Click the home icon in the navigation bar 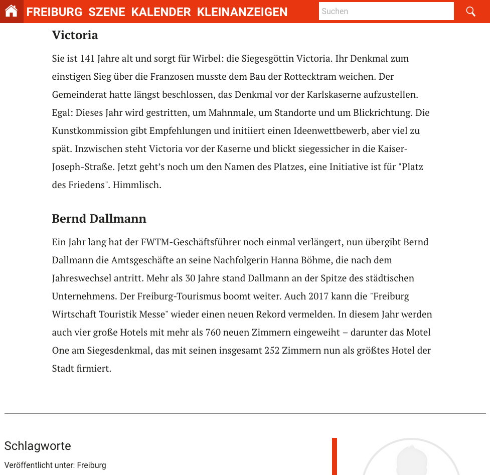12,11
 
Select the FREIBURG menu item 54,12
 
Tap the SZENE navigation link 107,12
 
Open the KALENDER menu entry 161,12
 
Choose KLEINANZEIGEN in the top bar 242,12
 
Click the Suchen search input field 386,11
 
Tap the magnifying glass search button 470,11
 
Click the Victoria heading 75,35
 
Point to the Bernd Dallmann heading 99,219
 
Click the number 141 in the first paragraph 87,59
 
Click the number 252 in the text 272,351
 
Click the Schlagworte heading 38,446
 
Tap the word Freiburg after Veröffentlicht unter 91,465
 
